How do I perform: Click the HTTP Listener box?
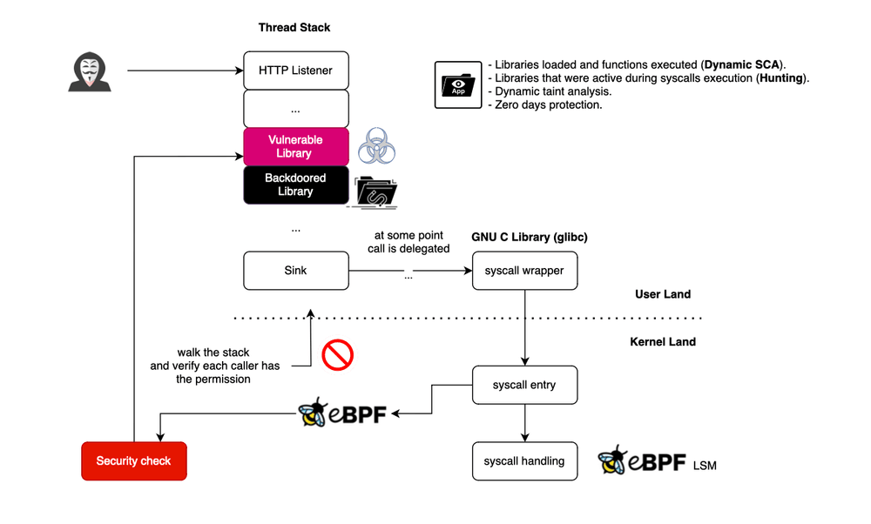pyautogui.click(x=296, y=70)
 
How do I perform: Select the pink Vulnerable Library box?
pyautogui.click(x=296, y=146)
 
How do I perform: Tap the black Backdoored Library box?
pyautogui.click(x=296, y=185)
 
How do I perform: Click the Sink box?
pyautogui.click(x=296, y=271)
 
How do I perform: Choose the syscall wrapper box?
pyautogui.click(x=524, y=271)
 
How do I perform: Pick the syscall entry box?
pyautogui.click(x=524, y=385)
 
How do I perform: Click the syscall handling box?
pyautogui.click(x=524, y=461)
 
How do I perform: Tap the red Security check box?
pyautogui.click(x=133, y=460)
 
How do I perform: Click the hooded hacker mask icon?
pyautogui.click(x=87, y=71)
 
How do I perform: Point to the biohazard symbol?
pyautogui.click(x=377, y=146)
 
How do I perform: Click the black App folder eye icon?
pyautogui.click(x=458, y=84)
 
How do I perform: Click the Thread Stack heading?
pyautogui.click(x=294, y=28)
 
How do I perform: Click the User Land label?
pyautogui.click(x=663, y=294)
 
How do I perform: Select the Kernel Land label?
pyautogui.click(x=663, y=342)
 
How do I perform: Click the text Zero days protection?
pyautogui.click(x=548, y=104)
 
